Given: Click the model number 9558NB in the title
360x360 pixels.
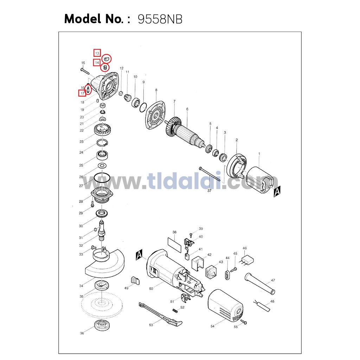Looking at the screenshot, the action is (160, 19).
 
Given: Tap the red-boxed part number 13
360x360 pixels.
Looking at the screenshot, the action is (97, 53).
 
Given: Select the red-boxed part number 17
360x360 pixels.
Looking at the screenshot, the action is (82, 93).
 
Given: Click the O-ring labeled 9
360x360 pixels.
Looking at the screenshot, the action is (143, 108).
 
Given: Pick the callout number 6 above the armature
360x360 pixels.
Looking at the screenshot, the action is (187, 109).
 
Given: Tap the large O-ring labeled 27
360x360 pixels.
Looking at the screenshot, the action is (102, 178).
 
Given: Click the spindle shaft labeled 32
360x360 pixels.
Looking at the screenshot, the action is (102, 231).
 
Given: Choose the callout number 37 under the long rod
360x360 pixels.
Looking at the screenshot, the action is (210, 191).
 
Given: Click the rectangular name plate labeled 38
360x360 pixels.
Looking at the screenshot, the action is (175, 245).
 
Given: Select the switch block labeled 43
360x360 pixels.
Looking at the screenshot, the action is (211, 272).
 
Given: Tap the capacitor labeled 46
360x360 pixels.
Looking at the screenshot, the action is (247, 261).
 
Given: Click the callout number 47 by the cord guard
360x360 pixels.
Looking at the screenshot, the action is (273, 280).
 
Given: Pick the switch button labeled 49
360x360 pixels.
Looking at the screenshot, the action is (135, 281).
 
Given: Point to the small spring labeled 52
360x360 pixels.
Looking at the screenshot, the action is (175, 311).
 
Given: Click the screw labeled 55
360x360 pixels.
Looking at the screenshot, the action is (244, 322).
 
